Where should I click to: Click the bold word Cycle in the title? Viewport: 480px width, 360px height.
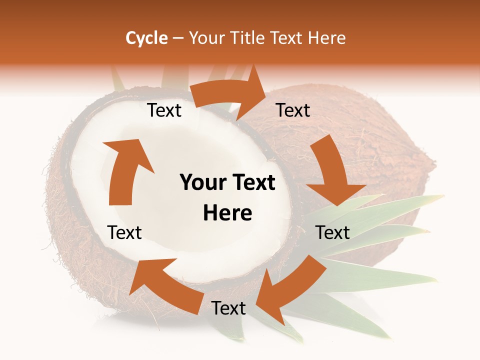coord(146,38)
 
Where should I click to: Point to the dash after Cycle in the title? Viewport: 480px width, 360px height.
coord(178,38)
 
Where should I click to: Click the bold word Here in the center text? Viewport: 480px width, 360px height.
coord(227,213)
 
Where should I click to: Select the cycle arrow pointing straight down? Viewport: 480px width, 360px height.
coord(333,172)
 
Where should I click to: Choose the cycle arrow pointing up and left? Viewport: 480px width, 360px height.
coord(165,282)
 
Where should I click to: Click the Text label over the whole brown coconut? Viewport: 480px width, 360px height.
coord(293,110)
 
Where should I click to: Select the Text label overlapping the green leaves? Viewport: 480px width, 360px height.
coord(332,232)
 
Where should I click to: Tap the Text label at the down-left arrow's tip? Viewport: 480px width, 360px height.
coord(228,308)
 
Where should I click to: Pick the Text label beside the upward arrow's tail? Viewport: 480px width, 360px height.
coord(124,232)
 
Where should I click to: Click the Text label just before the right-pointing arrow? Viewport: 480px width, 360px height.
coord(164,110)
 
